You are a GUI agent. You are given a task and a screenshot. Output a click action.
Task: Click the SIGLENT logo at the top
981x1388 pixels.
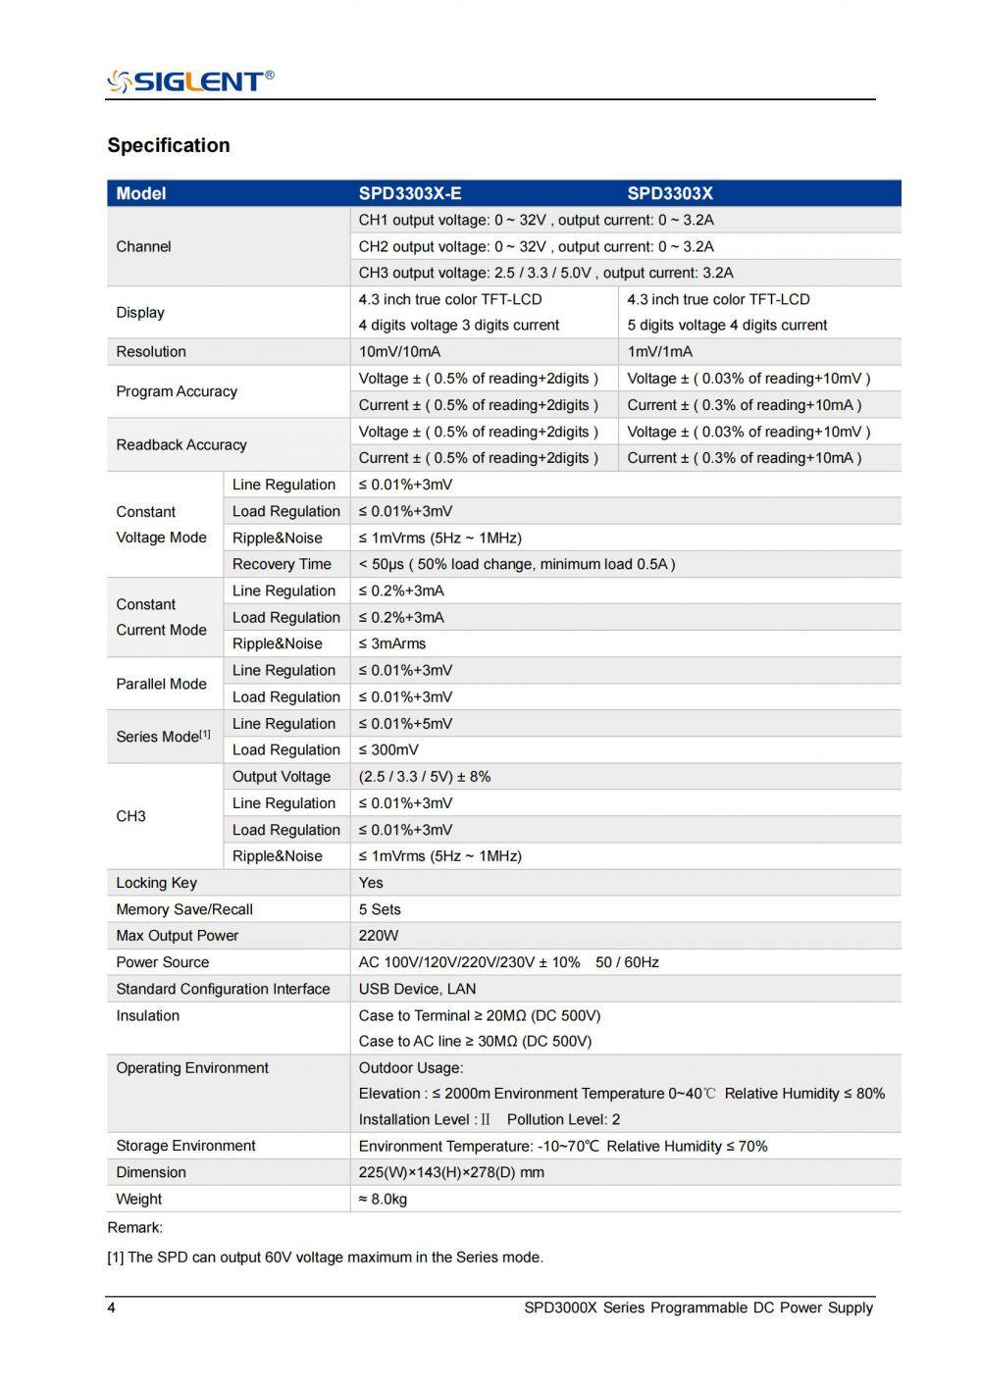pyautogui.click(x=190, y=80)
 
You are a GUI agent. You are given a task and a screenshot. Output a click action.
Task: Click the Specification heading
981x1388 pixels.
pyautogui.click(x=169, y=145)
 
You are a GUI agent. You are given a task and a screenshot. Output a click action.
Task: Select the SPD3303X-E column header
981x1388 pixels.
pyautogui.click(x=410, y=193)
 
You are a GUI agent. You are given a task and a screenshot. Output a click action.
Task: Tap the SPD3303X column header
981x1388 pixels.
pyautogui.click(x=670, y=193)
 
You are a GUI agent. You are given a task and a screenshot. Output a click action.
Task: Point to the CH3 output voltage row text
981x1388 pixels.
pyautogui.click(x=545, y=273)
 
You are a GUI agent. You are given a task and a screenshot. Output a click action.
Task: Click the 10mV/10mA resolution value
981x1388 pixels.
pyautogui.click(x=399, y=351)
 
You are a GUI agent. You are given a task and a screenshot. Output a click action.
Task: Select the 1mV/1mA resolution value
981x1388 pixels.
pyautogui.click(x=660, y=351)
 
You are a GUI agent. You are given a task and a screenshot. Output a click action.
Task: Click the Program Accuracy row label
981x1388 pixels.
pyautogui.click(x=177, y=391)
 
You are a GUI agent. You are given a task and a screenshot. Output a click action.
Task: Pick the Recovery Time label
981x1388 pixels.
pyautogui.click(x=282, y=564)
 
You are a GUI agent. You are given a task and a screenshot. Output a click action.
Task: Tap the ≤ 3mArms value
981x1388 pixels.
pyautogui.click(x=392, y=643)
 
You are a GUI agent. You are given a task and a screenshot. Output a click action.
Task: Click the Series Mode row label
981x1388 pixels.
pyautogui.click(x=163, y=737)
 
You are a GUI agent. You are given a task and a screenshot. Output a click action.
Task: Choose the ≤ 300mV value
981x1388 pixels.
pyautogui.click(x=388, y=749)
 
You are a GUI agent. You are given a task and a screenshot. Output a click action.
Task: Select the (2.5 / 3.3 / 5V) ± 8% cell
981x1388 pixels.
pyautogui.click(x=425, y=776)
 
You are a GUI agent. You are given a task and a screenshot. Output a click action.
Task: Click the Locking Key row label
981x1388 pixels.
pyautogui.click(x=156, y=883)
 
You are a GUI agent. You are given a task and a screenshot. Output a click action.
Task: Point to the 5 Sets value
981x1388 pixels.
pyautogui.click(x=380, y=909)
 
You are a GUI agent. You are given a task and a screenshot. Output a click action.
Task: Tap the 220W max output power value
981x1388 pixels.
pyautogui.click(x=379, y=936)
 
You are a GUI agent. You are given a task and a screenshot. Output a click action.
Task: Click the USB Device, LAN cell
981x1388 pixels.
pyautogui.click(x=417, y=989)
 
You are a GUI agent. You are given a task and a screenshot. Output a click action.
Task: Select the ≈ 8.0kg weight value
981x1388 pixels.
pyautogui.click(x=383, y=1199)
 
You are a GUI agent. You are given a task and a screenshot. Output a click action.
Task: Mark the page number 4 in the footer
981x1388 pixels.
pyautogui.click(x=111, y=1308)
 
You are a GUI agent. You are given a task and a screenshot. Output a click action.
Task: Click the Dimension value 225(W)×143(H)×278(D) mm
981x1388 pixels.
pyautogui.click(x=451, y=1172)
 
